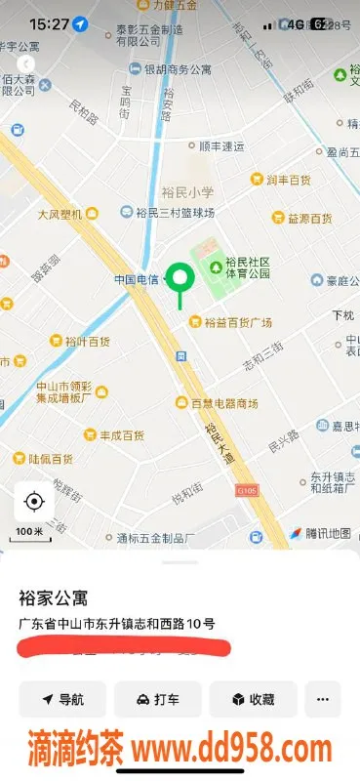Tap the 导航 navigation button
[61, 699]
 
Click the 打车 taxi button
[157, 699]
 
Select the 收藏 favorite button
[253, 699]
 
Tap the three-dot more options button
[323, 699]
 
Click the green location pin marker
[180, 279]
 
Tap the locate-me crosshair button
[34, 503]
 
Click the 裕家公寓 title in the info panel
[48, 597]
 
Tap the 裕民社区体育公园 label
[246, 267]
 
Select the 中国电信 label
[137, 279]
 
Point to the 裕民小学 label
[187, 191]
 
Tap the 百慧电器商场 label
[223, 403]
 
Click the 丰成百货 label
[121, 435]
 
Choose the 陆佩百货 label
[50, 458]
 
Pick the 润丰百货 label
[287, 180]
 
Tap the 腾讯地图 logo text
[326, 533]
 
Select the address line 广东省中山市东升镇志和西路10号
[116, 624]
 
